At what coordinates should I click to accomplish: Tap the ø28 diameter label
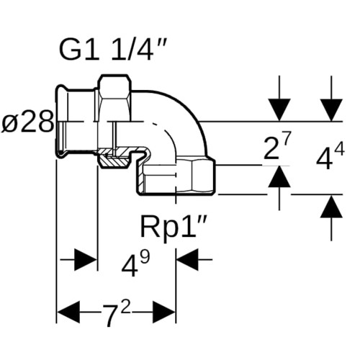point(27,122)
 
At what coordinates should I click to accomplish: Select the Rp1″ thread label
point(174,226)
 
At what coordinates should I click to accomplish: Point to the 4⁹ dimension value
point(135,264)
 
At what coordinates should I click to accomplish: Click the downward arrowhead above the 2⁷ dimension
point(279,110)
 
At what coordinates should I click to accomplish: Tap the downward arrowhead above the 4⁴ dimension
point(331,110)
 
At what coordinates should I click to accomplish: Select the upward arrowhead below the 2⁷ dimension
point(279,177)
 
